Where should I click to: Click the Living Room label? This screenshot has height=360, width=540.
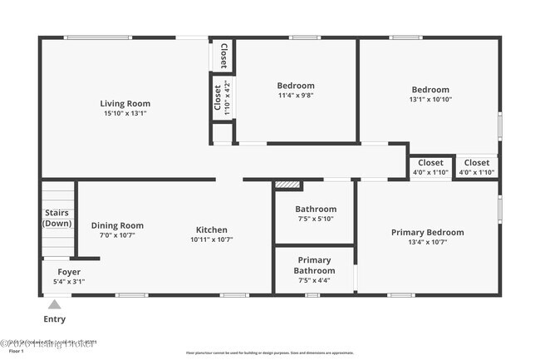pyautogui.click(x=125, y=104)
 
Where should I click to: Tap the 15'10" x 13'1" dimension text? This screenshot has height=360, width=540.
pyautogui.click(x=125, y=114)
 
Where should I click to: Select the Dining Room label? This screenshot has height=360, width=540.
pyautogui.click(x=117, y=225)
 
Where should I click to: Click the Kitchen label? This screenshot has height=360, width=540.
pyautogui.click(x=211, y=230)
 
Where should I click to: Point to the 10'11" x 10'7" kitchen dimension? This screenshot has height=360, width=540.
pyautogui.click(x=211, y=240)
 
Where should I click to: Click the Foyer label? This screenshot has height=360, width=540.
pyautogui.click(x=69, y=272)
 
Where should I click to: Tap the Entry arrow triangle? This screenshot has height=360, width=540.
pyautogui.click(x=55, y=304)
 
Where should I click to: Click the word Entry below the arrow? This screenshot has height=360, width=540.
pyautogui.click(x=55, y=319)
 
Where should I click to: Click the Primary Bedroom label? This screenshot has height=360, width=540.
pyautogui.click(x=427, y=233)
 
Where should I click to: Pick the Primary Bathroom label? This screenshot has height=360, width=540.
pyautogui.click(x=314, y=265)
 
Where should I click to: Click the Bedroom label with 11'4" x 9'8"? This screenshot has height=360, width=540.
pyautogui.click(x=296, y=86)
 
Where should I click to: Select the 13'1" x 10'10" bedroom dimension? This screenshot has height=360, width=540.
pyautogui.click(x=430, y=100)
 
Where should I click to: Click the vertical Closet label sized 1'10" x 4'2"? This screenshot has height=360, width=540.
pyautogui.click(x=222, y=97)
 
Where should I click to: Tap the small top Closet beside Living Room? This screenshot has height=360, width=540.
pyautogui.click(x=223, y=55)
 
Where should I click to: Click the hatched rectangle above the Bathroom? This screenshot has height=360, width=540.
pyautogui.click(x=287, y=185)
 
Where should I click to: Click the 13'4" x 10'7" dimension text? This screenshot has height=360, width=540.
pyautogui.click(x=427, y=243)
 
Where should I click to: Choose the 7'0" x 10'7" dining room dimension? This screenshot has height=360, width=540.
pyautogui.click(x=117, y=235)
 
